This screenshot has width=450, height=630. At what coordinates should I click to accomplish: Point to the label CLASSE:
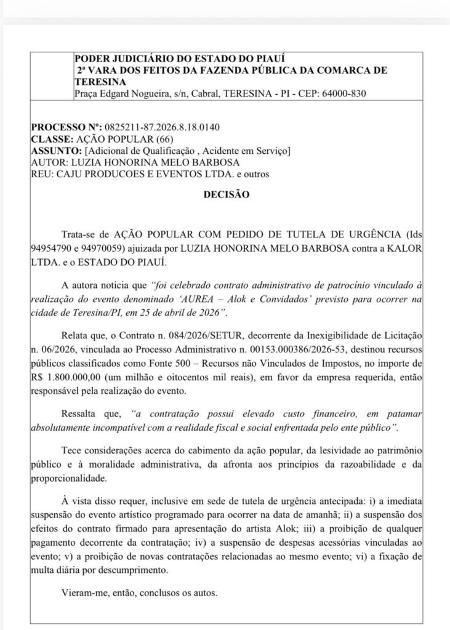pos(52,140)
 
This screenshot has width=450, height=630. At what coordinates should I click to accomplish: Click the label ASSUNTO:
pos(56,151)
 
